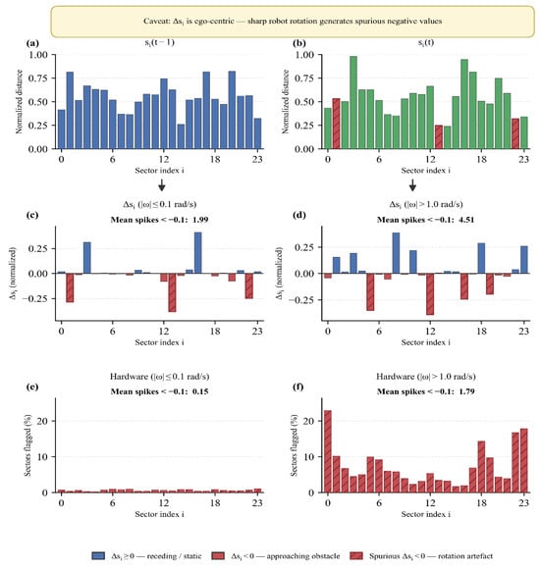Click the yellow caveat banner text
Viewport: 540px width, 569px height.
(x=293, y=21)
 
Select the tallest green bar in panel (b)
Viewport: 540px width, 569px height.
(x=353, y=103)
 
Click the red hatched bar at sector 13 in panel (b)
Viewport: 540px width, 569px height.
(x=439, y=136)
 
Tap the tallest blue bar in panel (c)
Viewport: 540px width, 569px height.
(x=198, y=253)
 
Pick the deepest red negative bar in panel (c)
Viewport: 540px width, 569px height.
(x=172, y=292)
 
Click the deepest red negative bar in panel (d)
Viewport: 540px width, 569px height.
(x=430, y=294)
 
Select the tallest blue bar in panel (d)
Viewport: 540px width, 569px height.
(x=396, y=253)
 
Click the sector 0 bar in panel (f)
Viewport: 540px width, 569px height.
(x=328, y=451)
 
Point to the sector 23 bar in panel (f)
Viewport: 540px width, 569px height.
(x=523, y=460)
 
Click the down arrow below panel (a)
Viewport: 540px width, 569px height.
(x=162, y=185)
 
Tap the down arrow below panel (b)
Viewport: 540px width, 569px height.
(x=412, y=185)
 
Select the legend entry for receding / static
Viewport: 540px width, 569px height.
(x=146, y=556)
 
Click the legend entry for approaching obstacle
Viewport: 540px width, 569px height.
(x=276, y=556)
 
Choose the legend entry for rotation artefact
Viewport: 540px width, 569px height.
(x=421, y=556)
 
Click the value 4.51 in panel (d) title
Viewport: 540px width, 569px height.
(x=466, y=220)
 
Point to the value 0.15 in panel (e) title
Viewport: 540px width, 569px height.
(x=200, y=391)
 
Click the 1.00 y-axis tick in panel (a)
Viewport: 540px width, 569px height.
(x=38, y=55)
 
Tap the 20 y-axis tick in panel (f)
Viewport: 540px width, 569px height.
(x=309, y=421)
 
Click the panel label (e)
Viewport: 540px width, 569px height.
(x=32, y=387)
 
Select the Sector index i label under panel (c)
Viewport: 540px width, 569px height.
(x=159, y=342)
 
